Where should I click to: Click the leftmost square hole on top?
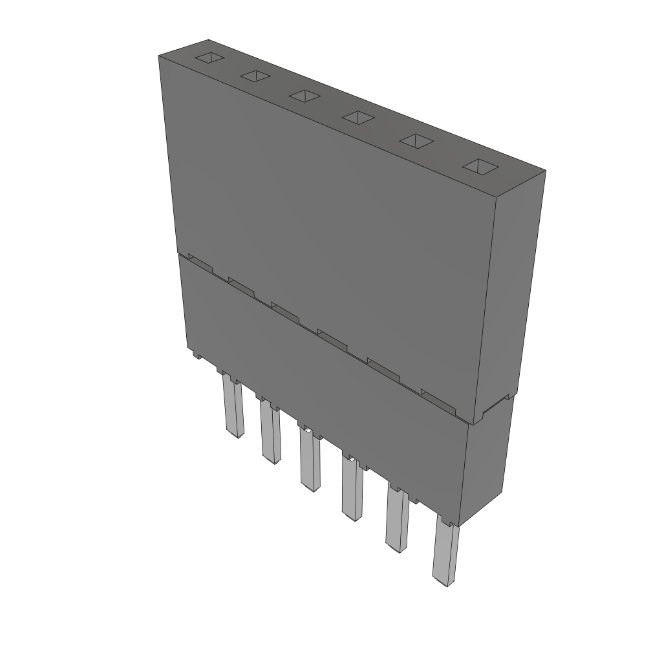tap(210, 58)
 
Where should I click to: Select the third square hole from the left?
tap(305, 96)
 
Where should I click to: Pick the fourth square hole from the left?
tap(358, 117)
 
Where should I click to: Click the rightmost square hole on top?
tap(480, 166)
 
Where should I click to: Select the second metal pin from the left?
tap(270, 432)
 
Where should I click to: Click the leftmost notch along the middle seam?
tap(200, 264)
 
